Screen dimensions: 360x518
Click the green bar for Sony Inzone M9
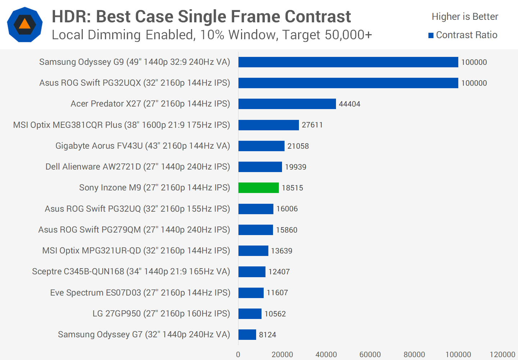point(258,188)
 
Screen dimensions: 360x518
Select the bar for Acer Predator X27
point(287,104)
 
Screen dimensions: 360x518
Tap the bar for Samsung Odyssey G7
point(247,334)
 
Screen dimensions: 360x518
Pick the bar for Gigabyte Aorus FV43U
point(261,146)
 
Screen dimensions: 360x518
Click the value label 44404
point(349,104)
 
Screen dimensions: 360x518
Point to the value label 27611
point(312,125)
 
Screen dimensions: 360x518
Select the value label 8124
point(267,335)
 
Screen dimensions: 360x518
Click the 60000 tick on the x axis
point(370,355)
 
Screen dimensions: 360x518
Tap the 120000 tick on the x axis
point(502,355)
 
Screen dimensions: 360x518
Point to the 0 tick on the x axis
point(238,355)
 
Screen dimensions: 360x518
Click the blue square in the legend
point(431,35)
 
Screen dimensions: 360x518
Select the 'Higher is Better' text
point(465,17)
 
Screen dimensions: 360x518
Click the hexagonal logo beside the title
point(24,24)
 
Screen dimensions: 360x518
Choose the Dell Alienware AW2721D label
point(138,167)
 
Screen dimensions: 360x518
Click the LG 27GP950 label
point(161,314)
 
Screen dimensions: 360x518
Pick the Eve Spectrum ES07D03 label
point(140,293)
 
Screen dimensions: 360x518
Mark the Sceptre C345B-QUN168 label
point(131,271)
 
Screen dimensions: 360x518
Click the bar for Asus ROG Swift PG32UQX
point(348,83)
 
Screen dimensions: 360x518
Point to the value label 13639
point(282,251)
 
